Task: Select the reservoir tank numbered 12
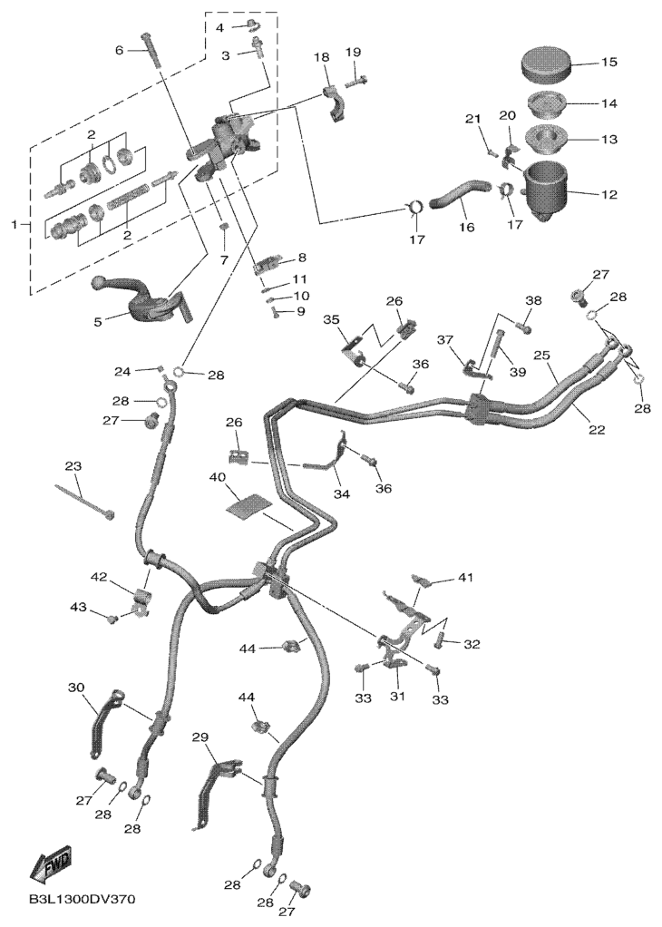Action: point(545,190)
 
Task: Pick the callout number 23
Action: point(73,466)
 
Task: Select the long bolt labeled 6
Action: point(152,50)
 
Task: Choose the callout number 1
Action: point(15,225)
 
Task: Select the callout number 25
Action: point(542,356)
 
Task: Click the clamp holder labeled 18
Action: point(334,103)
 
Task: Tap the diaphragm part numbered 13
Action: point(547,139)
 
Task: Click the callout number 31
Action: point(397,697)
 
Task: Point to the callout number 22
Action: point(597,430)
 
